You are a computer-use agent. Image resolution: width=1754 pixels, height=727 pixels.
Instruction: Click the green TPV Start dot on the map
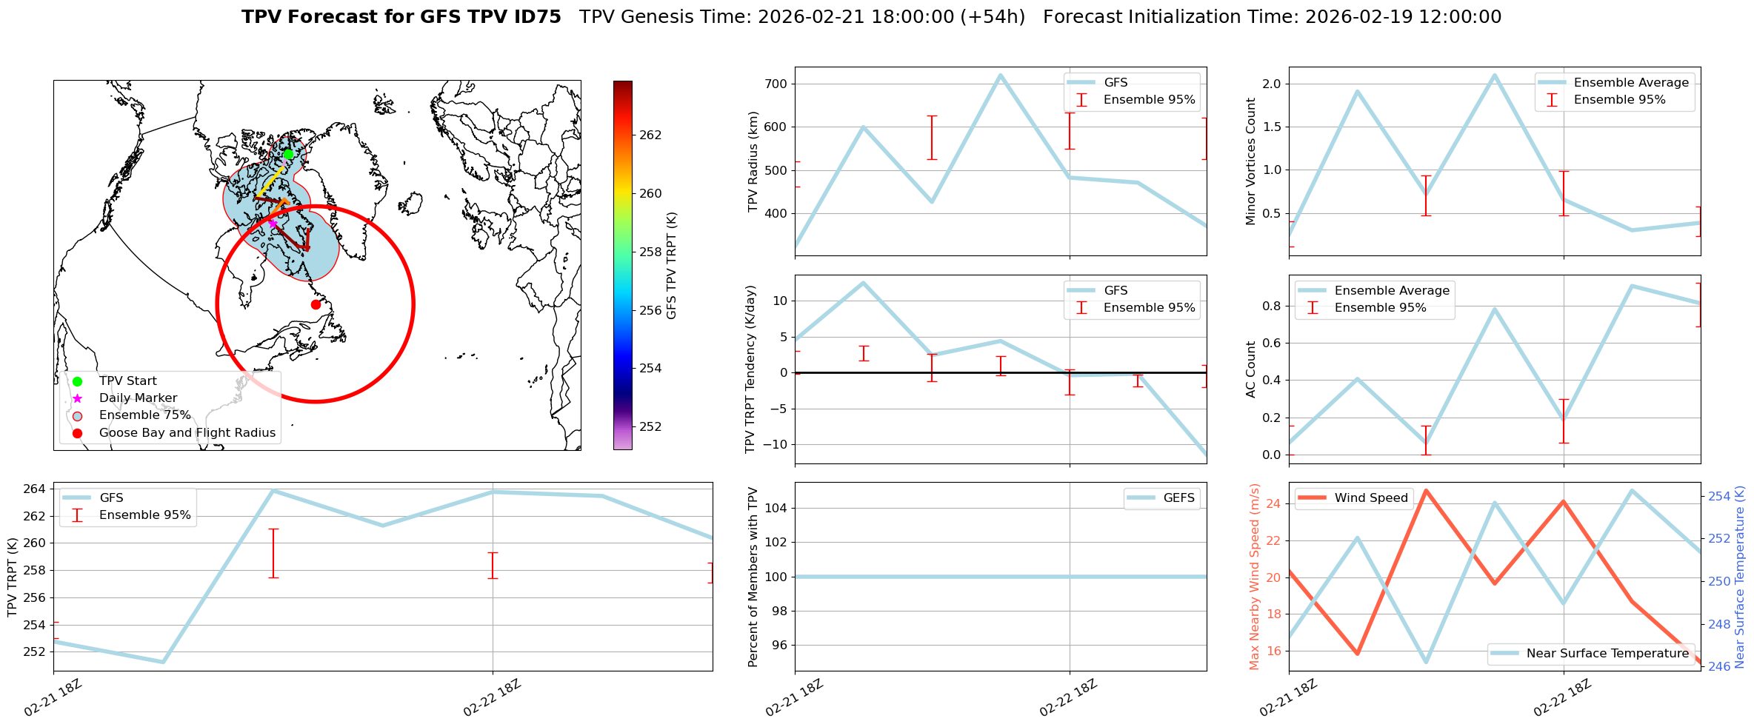tap(288, 154)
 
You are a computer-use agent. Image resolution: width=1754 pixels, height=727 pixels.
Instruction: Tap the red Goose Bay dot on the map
tap(316, 304)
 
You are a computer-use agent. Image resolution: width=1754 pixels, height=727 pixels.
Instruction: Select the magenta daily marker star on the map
tap(272, 222)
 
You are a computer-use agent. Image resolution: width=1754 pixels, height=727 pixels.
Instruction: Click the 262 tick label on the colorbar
tap(650, 135)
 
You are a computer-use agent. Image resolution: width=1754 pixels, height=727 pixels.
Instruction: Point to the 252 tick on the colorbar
tap(650, 426)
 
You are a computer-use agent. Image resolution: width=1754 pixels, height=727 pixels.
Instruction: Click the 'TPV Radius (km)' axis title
tap(753, 161)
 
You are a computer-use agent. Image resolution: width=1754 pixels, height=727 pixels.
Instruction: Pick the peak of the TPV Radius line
tap(1000, 75)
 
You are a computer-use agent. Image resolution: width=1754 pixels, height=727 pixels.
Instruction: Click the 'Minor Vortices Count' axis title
tap(1251, 161)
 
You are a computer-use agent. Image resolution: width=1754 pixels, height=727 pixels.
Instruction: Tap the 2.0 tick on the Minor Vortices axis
tap(1271, 84)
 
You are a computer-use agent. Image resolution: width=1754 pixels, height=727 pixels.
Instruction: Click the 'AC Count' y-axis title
tap(1251, 369)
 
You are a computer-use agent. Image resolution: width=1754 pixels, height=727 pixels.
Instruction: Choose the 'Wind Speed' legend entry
tap(1370, 497)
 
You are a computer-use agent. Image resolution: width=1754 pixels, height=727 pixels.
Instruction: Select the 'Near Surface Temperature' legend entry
tap(1607, 653)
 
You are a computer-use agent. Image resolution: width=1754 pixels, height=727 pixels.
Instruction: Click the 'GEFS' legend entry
tap(1178, 497)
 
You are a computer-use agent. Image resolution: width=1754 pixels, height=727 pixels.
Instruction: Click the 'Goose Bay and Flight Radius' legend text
tap(187, 432)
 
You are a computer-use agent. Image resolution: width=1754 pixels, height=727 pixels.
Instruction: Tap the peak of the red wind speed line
tap(1426, 490)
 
